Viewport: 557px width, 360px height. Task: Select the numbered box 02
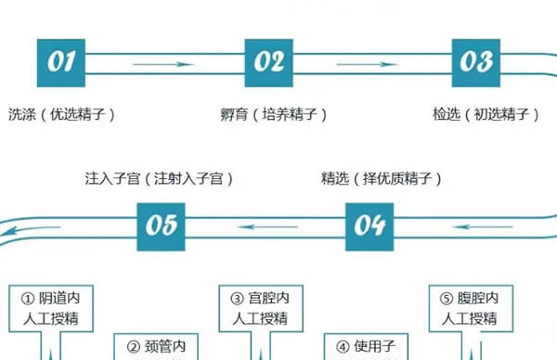(x=268, y=62)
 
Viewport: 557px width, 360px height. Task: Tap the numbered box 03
(x=476, y=62)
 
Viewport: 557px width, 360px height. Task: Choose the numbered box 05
(x=161, y=225)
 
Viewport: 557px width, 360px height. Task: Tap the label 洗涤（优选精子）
(x=61, y=115)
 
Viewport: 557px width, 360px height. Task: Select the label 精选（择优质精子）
(x=381, y=177)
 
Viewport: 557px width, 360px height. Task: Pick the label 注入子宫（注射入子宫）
(x=153, y=177)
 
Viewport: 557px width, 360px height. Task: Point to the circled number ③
(x=237, y=299)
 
